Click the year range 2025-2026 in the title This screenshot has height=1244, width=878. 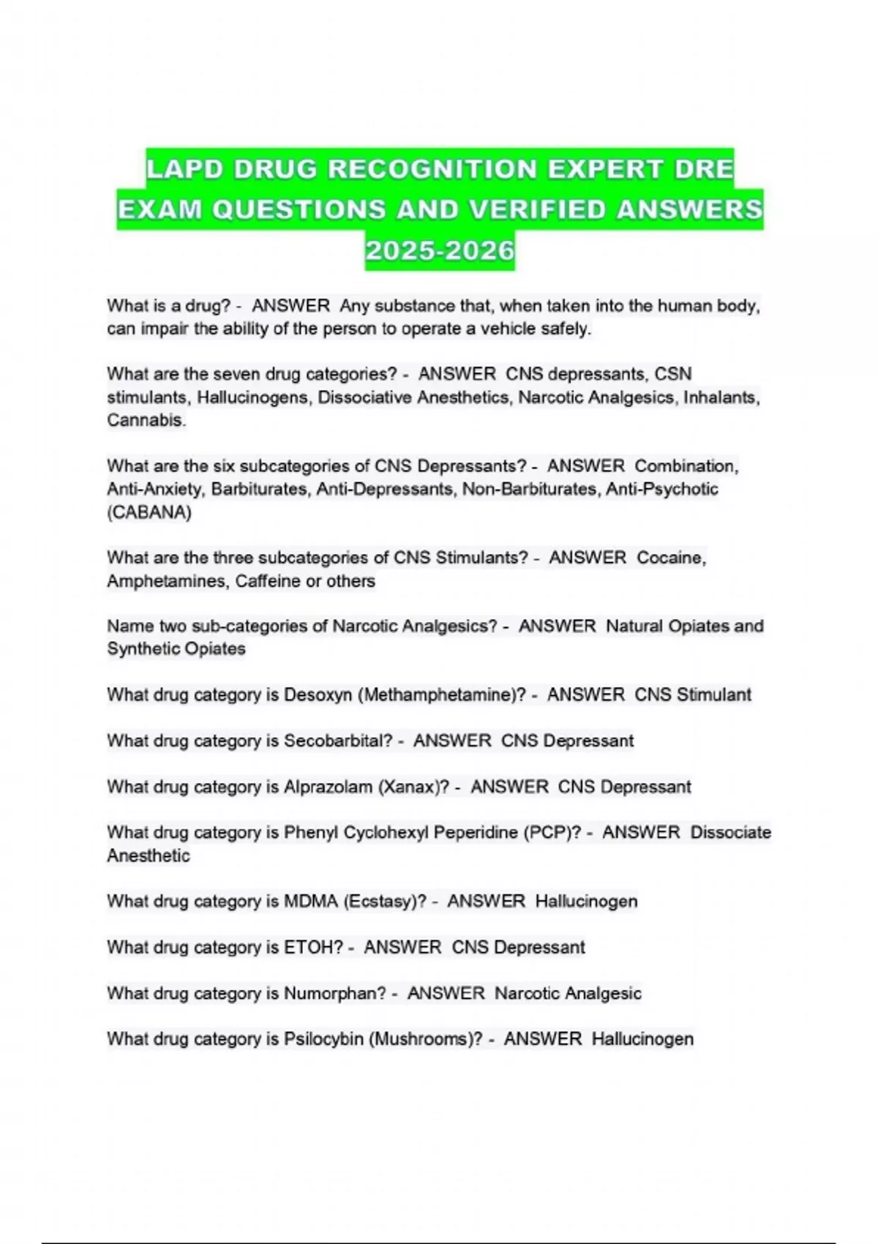pos(440,251)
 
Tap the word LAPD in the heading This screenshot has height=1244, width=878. pos(184,169)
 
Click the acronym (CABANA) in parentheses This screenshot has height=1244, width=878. pos(149,512)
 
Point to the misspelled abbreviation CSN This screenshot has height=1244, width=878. pos(673,374)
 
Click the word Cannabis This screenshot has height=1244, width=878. pos(146,420)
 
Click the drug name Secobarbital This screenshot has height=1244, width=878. pos(338,741)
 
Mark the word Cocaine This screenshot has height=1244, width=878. pos(671,558)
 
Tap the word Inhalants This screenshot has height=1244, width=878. pos(721,397)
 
